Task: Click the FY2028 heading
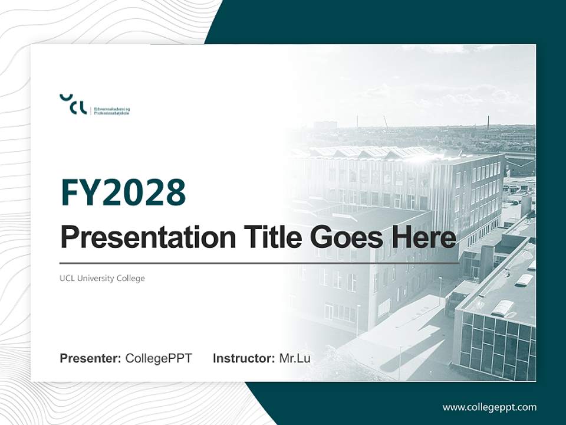tap(123, 192)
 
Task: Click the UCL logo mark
tap(73, 104)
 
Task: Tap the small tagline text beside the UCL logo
tap(111, 110)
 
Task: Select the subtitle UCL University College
tap(102, 278)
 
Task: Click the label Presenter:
tap(91, 358)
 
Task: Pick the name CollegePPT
tap(159, 358)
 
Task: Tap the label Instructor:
tap(243, 358)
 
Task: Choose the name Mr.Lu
tap(295, 358)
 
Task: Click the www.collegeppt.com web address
tap(489, 407)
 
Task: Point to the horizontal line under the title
tap(259, 263)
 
